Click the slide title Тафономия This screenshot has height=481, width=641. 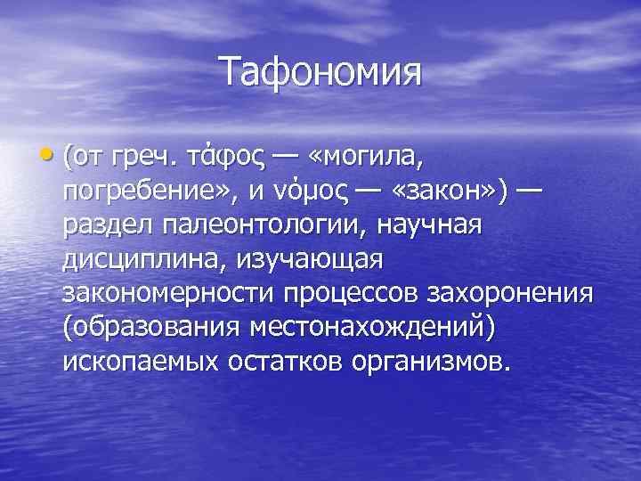click(320, 70)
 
